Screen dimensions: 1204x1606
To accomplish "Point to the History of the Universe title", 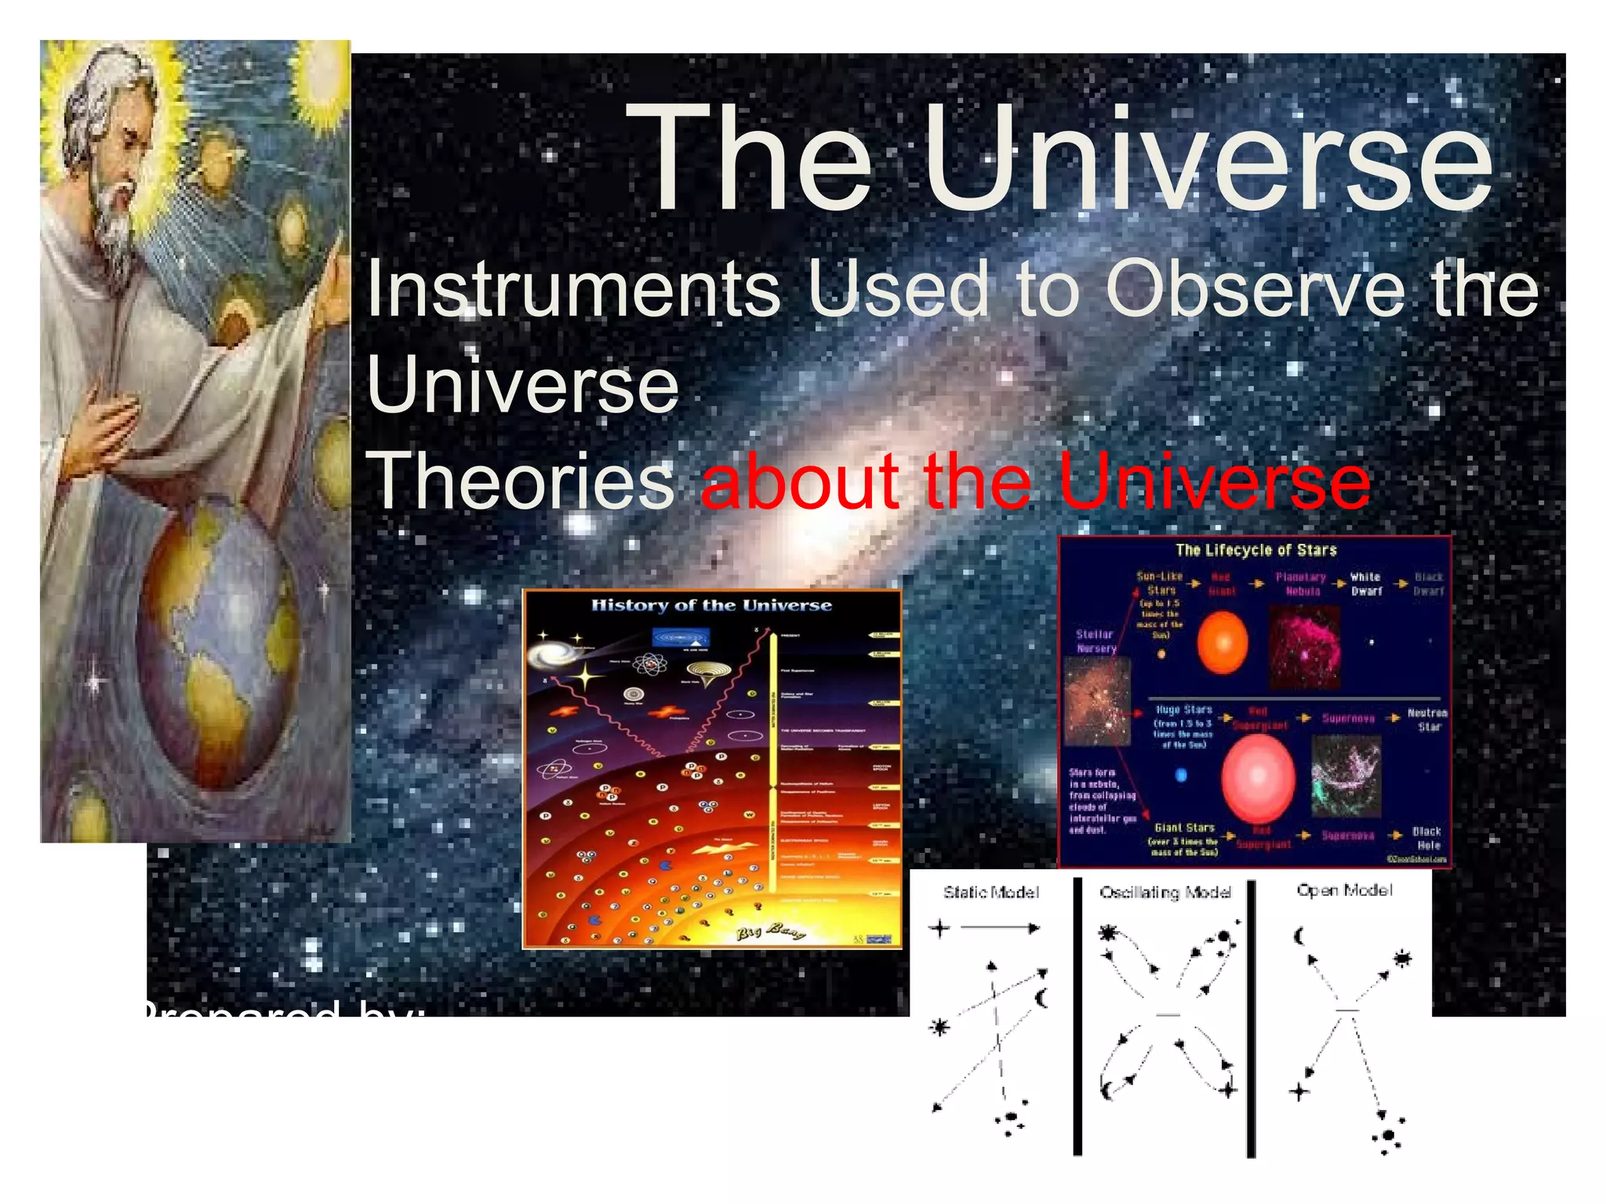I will pos(711,605).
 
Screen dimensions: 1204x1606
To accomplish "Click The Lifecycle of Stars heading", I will pos(1255,549).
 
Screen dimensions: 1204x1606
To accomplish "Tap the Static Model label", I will pos(991,892).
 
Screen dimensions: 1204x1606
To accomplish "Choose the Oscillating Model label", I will pos(1165,892).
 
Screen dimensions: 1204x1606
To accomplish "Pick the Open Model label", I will pos(1344,890).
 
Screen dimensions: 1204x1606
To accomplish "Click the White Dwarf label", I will pos(1365,584).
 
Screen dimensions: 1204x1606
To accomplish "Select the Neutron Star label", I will pos(1426,720).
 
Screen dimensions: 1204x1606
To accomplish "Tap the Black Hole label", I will pos(1426,838).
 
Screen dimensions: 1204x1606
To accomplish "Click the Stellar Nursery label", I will pos(1095,641).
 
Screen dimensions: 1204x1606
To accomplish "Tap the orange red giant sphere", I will pos(1223,642).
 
